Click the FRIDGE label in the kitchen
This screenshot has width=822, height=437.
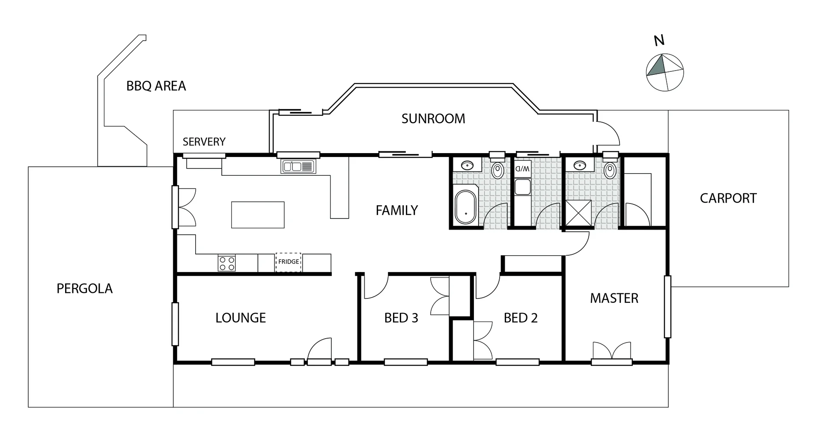click(x=289, y=262)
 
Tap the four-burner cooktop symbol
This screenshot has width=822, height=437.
click(x=227, y=263)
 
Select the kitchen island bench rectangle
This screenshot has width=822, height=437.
click(x=258, y=215)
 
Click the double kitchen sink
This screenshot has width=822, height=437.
click(x=298, y=166)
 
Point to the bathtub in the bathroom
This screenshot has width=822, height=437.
click(x=465, y=207)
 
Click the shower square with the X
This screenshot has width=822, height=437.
click(x=578, y=213)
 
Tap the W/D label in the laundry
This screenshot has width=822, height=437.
click(x=522, y=168)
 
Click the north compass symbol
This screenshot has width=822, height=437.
click(x=664, y=72)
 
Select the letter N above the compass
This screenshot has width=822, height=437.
click(x=659, y=41)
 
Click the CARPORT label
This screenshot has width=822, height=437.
click(x=728, y=198)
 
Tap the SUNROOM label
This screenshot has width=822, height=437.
click(x=433, y=118)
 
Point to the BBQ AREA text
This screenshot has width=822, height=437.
click(x=156, y=86)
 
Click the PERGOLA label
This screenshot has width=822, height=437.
click(x=84, y=289)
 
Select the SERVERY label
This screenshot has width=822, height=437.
click(x=204, y=142)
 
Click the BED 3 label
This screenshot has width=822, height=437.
click(x=401, y=318)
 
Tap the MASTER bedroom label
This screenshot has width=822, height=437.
click(x=614, y=298)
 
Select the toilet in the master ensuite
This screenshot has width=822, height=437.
click(x=610, y=171)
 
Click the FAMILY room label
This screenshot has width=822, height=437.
click(x=396, y=210)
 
